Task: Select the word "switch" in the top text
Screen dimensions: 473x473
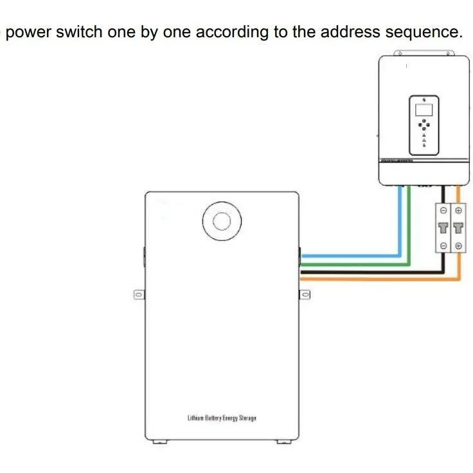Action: pyautogui.click(x=79, y=32)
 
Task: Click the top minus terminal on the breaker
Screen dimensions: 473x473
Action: pyautogui.click(x=443, y=211)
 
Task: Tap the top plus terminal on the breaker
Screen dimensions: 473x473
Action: pyautogui.click(x=458, y=211)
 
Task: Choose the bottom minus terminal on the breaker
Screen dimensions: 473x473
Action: pyautogui.click(x=443, y=246)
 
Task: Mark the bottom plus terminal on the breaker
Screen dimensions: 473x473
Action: pyautogui.click(x=458, y=246)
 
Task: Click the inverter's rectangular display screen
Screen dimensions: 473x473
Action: pyautogui.click(x=424, y=110)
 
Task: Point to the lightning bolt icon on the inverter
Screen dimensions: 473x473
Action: pyautogui.click(x=424, y=100)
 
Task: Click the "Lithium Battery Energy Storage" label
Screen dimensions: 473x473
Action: pyautogui.click(x=222, y=418)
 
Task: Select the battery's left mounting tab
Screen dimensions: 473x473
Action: pyautogui.click(x=139, y=294)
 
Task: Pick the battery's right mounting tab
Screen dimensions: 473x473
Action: pyautogui.click(x=305, y=294)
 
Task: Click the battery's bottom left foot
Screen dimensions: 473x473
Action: pyautogui.click(x=160, y=442)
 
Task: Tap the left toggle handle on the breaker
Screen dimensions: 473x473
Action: pyautogui.click(x=443, y=228)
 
